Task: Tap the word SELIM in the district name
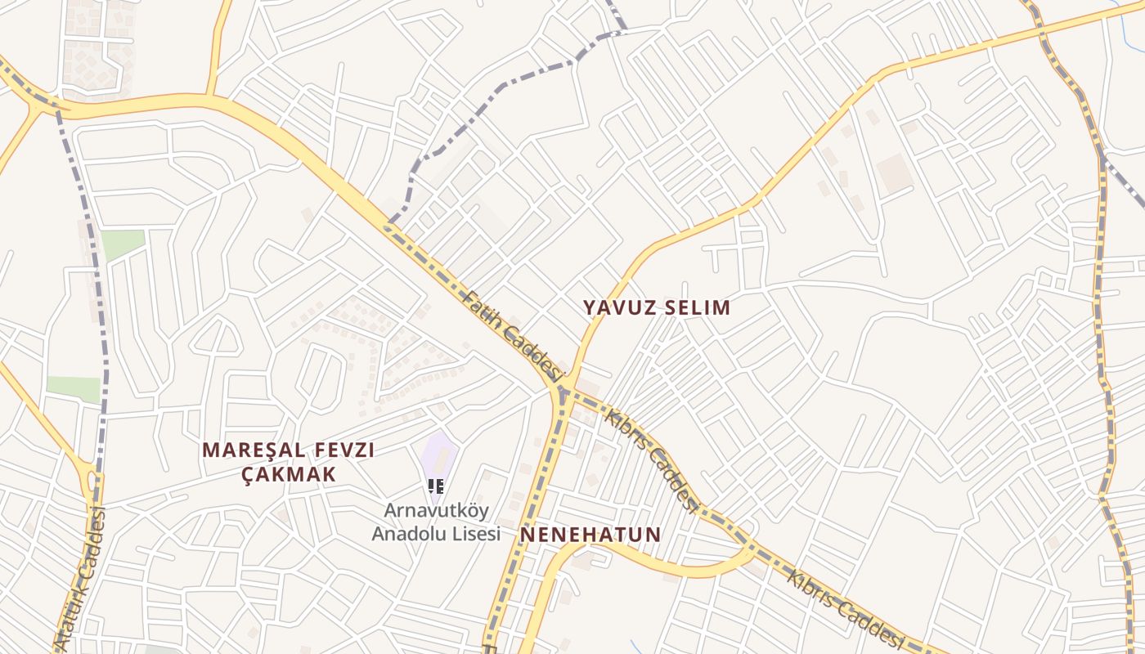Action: point(696,308)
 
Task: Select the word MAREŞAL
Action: point(249,450)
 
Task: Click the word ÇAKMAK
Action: point(290,475)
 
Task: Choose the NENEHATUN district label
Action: point(590,535)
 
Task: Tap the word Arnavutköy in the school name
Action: point(437,511)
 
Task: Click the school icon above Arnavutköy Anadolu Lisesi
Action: point(436,486)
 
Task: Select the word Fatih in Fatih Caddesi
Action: point(483,311)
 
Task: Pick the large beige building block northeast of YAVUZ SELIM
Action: point(893,172)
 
